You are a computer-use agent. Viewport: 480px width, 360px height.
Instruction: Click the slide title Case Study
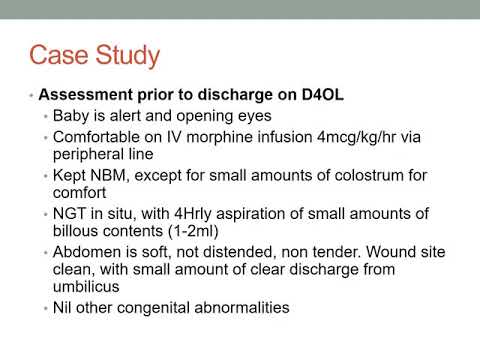95,54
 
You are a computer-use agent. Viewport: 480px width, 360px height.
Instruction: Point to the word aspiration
229,213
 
